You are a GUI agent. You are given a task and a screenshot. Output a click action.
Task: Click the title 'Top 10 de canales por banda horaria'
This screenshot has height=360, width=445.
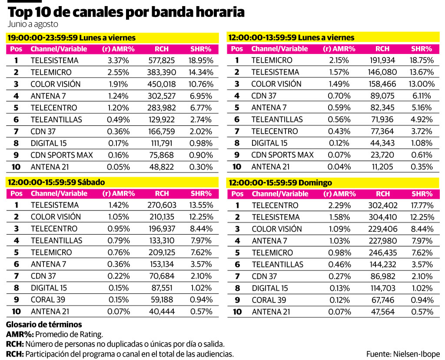click(x=126, y=12)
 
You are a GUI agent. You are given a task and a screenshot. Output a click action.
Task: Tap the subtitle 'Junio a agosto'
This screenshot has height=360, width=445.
click(x=33, y=24)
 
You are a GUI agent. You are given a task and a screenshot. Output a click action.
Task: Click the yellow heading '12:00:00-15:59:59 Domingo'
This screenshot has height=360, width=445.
click(x=280, y=183)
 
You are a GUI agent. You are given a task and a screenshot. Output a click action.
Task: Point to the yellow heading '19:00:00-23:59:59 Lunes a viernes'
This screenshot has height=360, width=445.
click(x=72, y=38)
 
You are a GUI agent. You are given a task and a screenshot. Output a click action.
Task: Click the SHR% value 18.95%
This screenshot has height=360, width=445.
click(x=200, y=60)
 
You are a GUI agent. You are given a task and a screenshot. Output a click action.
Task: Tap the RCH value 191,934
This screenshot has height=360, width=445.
click(x=382, y=60)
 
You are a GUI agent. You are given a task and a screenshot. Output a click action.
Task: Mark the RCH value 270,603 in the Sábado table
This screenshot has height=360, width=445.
click(x=162, y=205)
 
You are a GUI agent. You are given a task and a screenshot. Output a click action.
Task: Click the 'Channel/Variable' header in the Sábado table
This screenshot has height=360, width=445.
click(x=59, y=193)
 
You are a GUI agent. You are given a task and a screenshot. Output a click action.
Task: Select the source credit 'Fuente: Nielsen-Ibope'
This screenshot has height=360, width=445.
click(x=403, y=354)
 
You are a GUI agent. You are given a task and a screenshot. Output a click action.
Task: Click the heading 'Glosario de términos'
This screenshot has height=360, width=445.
click(x=44, y=324)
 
